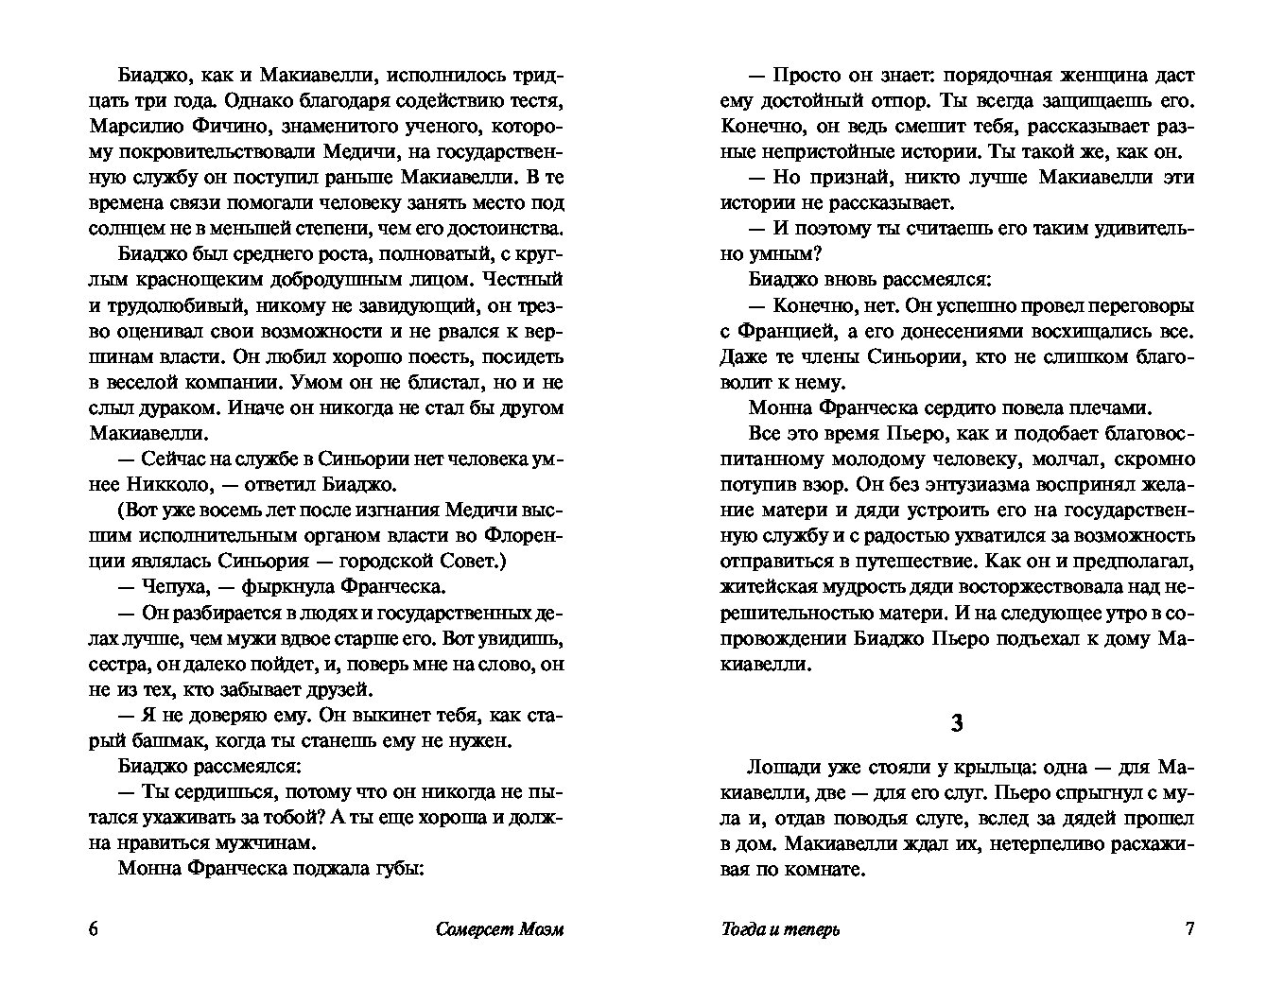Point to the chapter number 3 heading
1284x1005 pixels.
point(956,723)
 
